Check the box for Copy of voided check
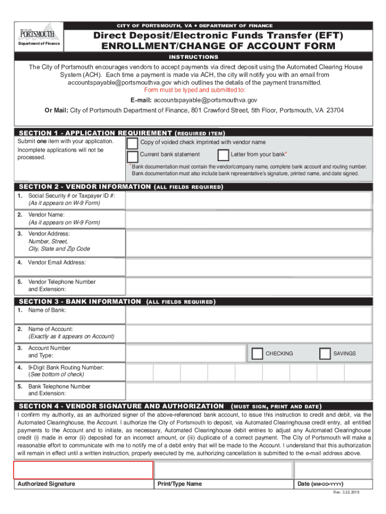tap(133, 143)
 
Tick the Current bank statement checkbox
tap(133, 156)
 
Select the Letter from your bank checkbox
tap(224, 155)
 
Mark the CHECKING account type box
tap(257, 354)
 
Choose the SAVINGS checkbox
tap(325, 354)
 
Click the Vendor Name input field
tap(248, 219)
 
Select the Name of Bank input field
tap(248, 315)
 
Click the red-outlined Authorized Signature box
tap(83, 470)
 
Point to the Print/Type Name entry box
tap(223, 470)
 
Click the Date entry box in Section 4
tap(332, 470)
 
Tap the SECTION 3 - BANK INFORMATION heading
tap(80, 302)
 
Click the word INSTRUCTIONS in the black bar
tap(193, 57)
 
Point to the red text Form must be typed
tap(195, 90)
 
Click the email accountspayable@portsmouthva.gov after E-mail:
tap(206, 100)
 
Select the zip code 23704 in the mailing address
tap(335, 110)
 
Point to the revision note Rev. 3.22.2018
tap(346, 492)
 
